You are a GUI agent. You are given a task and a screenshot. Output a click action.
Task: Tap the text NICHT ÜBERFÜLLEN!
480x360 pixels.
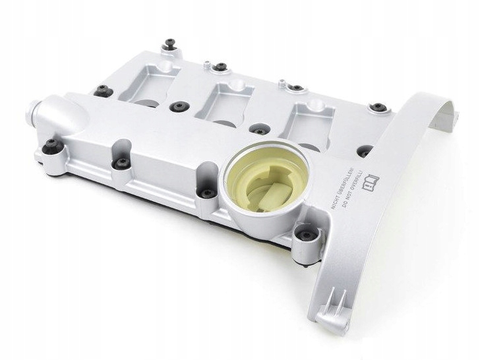(x=343, y=189)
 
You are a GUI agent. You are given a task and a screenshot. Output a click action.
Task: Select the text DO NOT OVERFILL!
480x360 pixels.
(x=353, y=191)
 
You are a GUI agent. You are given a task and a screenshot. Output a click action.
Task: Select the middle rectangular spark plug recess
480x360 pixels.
(x=224, y=103)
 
